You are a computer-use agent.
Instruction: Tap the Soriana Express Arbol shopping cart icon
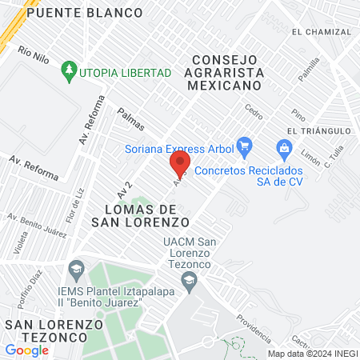[246, 147]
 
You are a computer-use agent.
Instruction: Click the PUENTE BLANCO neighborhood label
[84, 13]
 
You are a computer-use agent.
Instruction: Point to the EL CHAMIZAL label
[322, 32]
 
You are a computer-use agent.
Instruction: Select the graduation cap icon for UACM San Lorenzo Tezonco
[189, 279]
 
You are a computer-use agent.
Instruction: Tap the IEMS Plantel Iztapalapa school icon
[77, 267]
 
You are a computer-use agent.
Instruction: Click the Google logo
[26, 350]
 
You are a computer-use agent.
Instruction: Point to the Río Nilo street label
[34, 55]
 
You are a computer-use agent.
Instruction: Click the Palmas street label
[130, 120]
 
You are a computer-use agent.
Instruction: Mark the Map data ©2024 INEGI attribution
[312, 354]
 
